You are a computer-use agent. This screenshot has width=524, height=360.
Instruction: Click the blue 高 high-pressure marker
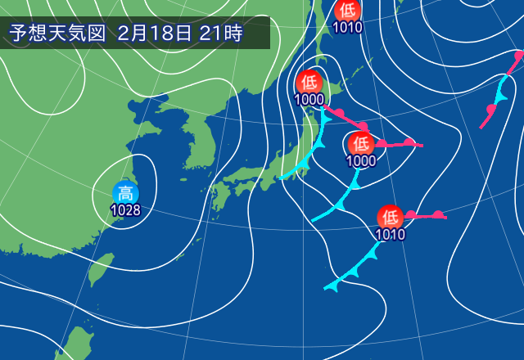pos(125,194)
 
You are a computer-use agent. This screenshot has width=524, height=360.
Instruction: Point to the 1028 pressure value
pos(125,210)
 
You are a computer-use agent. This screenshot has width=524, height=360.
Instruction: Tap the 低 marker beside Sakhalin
pos(348,11)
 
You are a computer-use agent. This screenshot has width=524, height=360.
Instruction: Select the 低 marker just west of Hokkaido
pos(309,82)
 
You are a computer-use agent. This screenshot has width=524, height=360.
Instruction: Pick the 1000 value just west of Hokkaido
pos(309,100)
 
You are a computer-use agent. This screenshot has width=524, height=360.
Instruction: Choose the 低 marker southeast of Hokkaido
pos(360,143)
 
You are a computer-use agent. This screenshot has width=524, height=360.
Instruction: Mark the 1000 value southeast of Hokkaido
pos(360,160)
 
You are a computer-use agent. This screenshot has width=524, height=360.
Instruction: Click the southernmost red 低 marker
pos(390,218)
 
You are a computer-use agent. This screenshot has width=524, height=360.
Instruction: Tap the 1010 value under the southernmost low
pos(390,235)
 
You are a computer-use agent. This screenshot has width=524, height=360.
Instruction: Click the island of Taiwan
pos(100,269)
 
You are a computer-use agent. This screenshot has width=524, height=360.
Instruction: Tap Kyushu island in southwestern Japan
pos(218,197)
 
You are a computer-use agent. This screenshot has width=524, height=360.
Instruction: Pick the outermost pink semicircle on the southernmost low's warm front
pos(438,214)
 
